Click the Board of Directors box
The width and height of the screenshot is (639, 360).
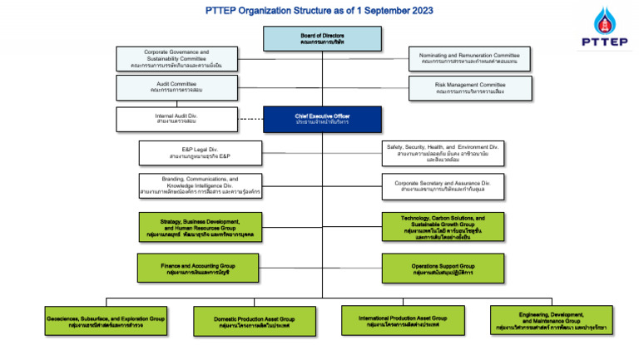pos(322,39)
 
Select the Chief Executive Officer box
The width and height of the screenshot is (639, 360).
pos(322,120)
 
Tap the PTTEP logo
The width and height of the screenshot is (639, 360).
pos(602,31)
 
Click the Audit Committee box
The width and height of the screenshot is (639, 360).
pos(176,87)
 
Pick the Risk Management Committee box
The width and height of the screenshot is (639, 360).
pos(469,87)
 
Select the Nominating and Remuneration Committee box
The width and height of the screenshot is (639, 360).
pos(469,59)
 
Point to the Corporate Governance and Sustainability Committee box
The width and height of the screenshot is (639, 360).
pos(176,59)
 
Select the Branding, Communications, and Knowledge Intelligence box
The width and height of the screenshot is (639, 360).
pos(200,185)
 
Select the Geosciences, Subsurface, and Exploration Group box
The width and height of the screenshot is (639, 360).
pos(106,321)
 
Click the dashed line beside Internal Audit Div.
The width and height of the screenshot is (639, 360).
pos(250,119)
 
